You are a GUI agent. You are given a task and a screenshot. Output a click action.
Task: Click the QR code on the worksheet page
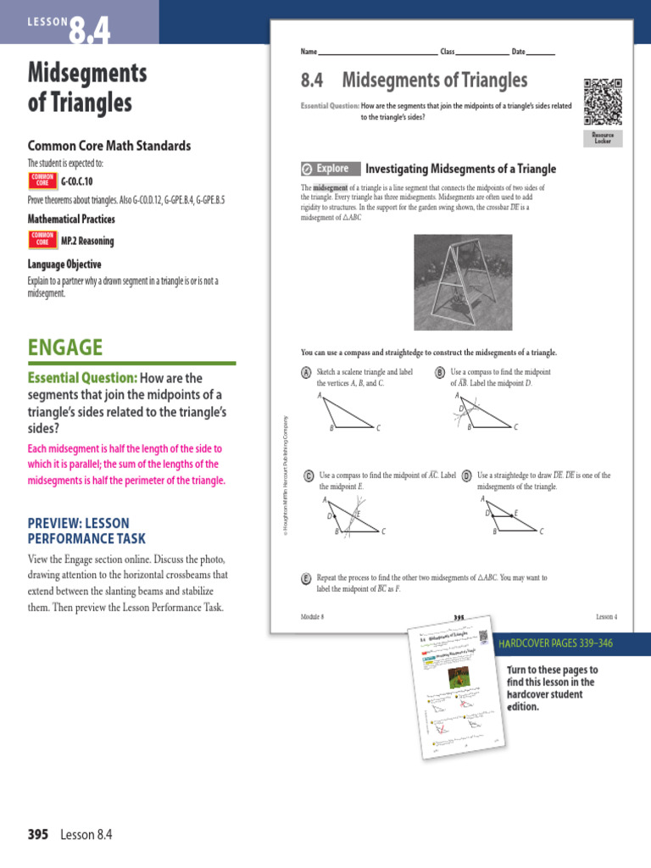pos(603,101)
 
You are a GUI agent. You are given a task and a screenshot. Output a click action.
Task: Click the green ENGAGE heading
pos(65,347)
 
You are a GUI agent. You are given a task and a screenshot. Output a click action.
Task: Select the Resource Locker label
pos(603,138)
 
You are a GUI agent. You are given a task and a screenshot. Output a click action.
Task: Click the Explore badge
pos(331,169)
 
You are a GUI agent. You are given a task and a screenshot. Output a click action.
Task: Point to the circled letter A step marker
pos(306,373)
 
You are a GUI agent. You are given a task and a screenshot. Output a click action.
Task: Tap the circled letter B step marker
pos(441,373)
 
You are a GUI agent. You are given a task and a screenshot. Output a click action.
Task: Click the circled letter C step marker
pos(309,476)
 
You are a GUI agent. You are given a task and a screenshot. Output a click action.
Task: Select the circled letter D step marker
pos(466,476)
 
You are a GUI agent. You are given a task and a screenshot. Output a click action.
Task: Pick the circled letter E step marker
pos(306,578)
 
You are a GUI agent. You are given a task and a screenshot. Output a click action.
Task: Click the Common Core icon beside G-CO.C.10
pos(42,181)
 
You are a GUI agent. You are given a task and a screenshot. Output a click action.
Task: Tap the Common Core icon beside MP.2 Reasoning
pos(42,240)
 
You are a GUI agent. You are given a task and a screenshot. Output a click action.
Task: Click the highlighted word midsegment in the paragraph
pos(331,187)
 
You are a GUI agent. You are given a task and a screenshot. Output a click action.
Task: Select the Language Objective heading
pos(64,264)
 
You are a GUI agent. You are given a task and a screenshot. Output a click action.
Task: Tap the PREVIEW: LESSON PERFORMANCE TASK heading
pos(86,531)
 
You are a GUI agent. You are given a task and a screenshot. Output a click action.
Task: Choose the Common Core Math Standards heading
pos(109,146)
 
